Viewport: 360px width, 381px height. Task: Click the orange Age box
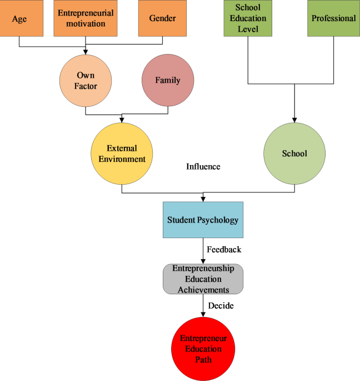[x=19, y=18]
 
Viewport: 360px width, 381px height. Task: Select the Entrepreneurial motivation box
[x=85, y=18]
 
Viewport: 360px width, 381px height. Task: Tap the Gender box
[x=163, y=18]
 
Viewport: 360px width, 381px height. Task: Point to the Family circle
[x=168, y=80]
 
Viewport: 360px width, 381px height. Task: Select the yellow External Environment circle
[x=122, y=154]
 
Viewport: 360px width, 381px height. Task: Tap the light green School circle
[x=294, y=154]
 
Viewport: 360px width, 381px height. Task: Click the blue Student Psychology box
[x=203, y=220]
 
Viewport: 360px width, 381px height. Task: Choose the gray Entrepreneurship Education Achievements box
[x=203, y=279]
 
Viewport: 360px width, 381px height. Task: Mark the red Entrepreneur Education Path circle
[x=203, y=349]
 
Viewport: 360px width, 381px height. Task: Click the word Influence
[x=203, y=166]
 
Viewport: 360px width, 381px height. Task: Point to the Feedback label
[x=224, y=250]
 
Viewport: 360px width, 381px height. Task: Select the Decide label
[x=221, y=305]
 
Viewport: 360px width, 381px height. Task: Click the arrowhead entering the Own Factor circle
[x=86, y=53]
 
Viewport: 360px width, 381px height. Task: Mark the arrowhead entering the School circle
[x=294, y=120]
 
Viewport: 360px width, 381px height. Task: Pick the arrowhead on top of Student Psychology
[x=203, y=199]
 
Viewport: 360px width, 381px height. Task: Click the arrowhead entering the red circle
[x=203, y=315]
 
